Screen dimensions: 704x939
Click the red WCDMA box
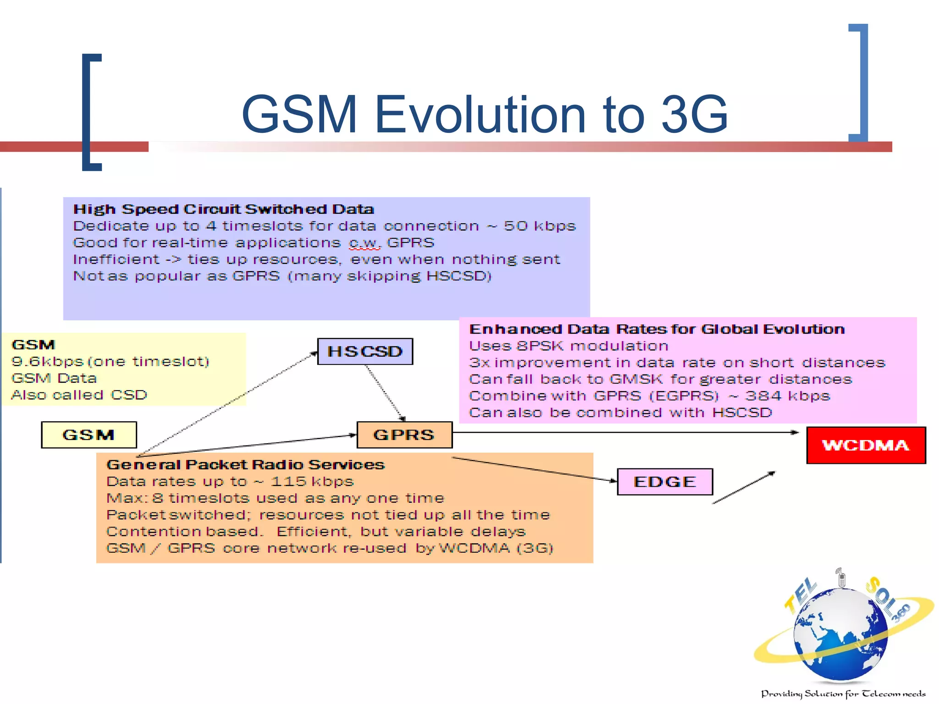click(x=866, y=445)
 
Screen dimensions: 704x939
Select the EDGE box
click(x=665, y=482)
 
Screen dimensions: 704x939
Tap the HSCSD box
click(x=365, y=352)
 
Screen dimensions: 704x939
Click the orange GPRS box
click(x=404, y=434)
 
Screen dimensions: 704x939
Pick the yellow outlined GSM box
click(x=89, y=434)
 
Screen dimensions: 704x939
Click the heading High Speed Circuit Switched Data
click(x=224, y=209)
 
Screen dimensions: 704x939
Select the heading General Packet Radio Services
click(x=245, y=465)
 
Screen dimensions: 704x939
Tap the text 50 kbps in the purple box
click(x=540, y=226)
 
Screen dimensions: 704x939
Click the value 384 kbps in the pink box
click(x=787, y=396)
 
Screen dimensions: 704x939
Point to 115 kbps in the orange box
click(x=312, y=482)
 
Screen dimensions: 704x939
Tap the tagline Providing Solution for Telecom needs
click(x=843, y=694)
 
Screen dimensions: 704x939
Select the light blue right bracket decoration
click(x=862, y=82)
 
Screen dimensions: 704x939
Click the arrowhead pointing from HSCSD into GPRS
click(x=403, y=418)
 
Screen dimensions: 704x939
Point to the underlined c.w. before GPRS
click(x=365, y=243)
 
